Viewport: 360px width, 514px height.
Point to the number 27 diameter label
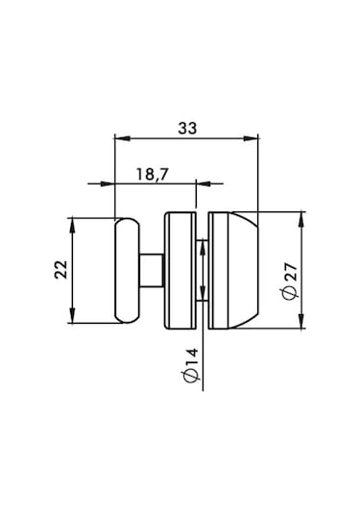291,274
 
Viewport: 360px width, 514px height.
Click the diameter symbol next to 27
291,293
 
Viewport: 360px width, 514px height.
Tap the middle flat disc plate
180,270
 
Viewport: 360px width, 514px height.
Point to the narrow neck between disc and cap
204,270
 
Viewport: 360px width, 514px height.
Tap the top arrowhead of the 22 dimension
72,223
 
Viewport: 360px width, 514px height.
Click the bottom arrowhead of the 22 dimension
72,317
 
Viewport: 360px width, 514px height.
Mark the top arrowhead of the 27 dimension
302,216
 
